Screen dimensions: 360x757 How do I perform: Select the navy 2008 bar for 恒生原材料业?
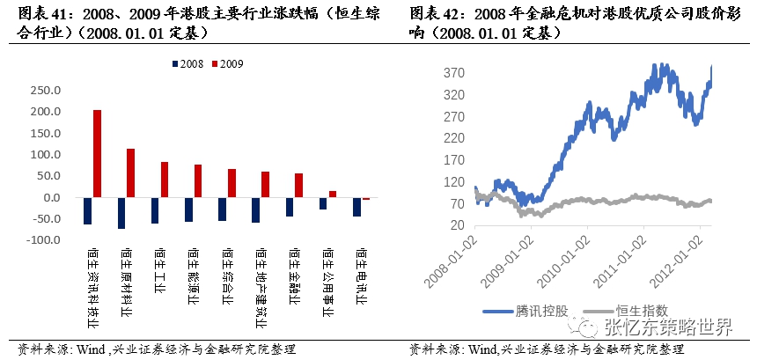(121, 213)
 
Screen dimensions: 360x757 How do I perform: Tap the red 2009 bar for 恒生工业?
(165, 180)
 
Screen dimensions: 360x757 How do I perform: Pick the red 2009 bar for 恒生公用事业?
(333, 194)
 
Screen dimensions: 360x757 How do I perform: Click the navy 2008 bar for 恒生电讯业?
(356, 207)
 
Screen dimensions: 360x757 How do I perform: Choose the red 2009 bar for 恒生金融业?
(299, 185)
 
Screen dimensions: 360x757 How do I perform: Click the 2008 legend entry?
(187, 64)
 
